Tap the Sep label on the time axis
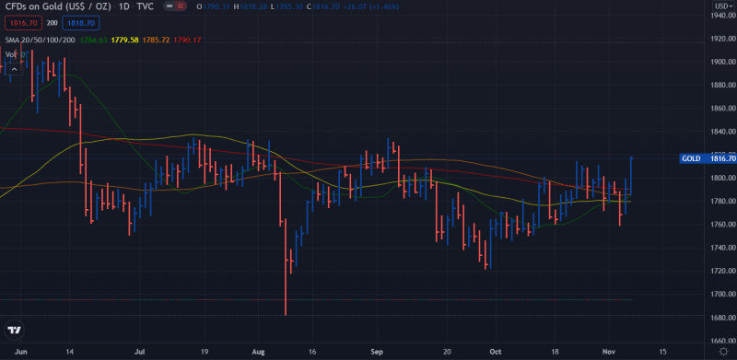[x=376, y=352]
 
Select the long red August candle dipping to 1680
[x=285, y=267]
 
